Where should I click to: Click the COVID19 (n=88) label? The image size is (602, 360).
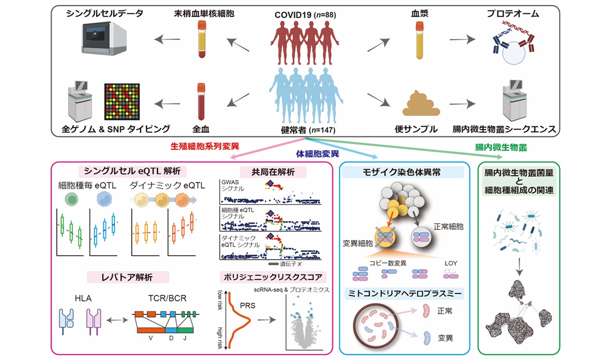[305, 15]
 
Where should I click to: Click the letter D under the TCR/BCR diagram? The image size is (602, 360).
[171, 338]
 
